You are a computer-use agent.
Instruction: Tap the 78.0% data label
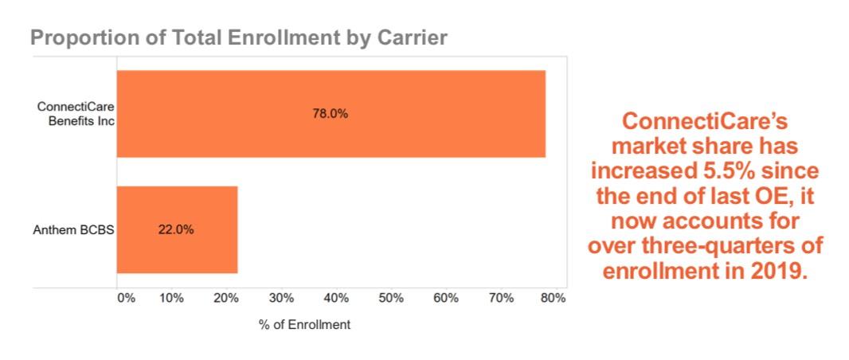pos(330,114)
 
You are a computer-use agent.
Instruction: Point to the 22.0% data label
pos(176,229)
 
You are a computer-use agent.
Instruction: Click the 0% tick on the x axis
pos(126,299)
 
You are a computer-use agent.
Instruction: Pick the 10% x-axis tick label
pos(172,299)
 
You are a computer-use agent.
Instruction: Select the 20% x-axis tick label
pos(227,299)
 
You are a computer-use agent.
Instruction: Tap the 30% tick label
pos(282,299)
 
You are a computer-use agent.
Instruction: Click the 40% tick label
pos(337,299)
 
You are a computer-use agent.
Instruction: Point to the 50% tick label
pos(391,299)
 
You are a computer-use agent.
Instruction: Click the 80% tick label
pos(554,299)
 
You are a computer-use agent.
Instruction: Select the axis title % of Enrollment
pos(304,325)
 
